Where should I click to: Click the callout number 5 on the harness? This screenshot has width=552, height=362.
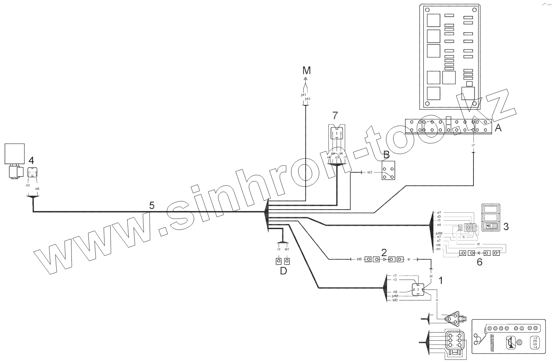(x=152, y=205)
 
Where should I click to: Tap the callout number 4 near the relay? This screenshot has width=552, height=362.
(x=31, y=160)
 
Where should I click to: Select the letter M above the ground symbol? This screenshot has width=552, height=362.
(x=306, y=70)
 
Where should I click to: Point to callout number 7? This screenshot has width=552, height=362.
(x=336, y=115)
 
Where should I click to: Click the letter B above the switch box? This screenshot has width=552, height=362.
(x=386, y=155)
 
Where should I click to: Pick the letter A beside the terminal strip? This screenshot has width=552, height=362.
(x=498, y=128)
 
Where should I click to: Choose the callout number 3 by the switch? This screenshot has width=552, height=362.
(x=506, y=226)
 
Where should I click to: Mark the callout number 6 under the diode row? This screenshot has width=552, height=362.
(x=479, y=263)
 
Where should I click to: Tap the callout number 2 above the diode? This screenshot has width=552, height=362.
(x=384, y=253)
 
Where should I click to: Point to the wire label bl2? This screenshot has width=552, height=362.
(x=370, y=172)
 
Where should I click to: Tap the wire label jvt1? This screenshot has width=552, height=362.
(x=304, y=95)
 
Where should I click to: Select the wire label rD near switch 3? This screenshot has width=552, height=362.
(x=439, y=216)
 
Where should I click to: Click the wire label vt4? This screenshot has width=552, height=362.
(x=438, y=245)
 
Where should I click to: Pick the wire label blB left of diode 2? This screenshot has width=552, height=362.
(x=359, y=259)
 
